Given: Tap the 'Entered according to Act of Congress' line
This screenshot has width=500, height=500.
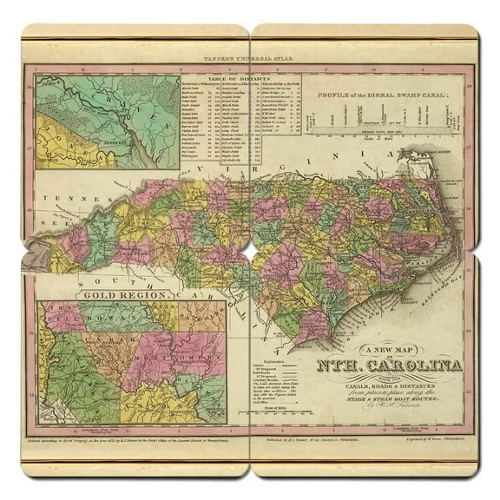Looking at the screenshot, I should (x=130, y=442).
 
